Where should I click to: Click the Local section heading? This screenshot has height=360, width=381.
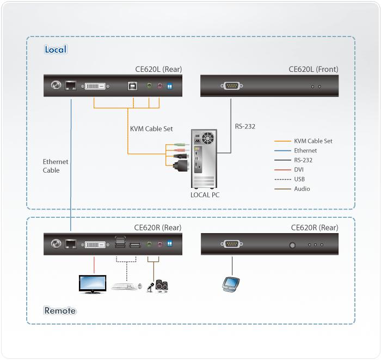(x=55, y=50)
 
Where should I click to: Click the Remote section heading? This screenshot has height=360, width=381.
(x=60, y=311)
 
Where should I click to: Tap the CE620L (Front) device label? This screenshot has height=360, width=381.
(x=313, y=69)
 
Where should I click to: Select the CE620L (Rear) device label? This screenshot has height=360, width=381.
(x=158, y=69)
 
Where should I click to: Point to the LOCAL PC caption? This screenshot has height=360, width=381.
(x=205, y=194)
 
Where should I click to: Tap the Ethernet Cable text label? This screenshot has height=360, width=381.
(x=56, y=166)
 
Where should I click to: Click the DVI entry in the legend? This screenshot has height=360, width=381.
(x=299, y=169)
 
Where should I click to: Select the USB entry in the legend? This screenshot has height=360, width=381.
(x=300, y=179)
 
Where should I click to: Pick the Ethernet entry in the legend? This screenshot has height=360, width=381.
(x=305, y=150)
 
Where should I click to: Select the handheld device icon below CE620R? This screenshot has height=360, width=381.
(x=230, y=284)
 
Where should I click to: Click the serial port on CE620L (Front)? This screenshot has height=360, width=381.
(x=232, y=86)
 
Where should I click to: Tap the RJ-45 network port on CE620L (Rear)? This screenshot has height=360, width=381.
(x=71, y=86)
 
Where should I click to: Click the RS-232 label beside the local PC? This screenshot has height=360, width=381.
(x=245, y=126)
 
